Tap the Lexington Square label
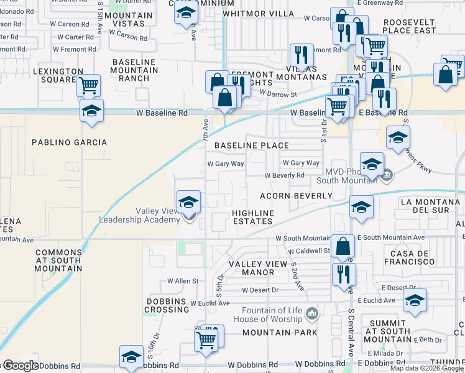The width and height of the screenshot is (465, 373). [58, 75]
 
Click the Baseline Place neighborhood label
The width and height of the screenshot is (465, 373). [252, 145]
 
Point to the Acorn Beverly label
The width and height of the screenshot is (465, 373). [296, 196]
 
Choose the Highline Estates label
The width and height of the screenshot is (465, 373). [253, 217]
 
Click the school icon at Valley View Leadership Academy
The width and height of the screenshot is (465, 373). [188, 202]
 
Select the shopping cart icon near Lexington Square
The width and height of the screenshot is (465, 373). [89, 85]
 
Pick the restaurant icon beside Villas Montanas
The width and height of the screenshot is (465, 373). [302, 55]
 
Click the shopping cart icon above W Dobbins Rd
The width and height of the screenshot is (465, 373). [206, 339]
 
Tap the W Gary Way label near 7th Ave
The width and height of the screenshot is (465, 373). [226, 164]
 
